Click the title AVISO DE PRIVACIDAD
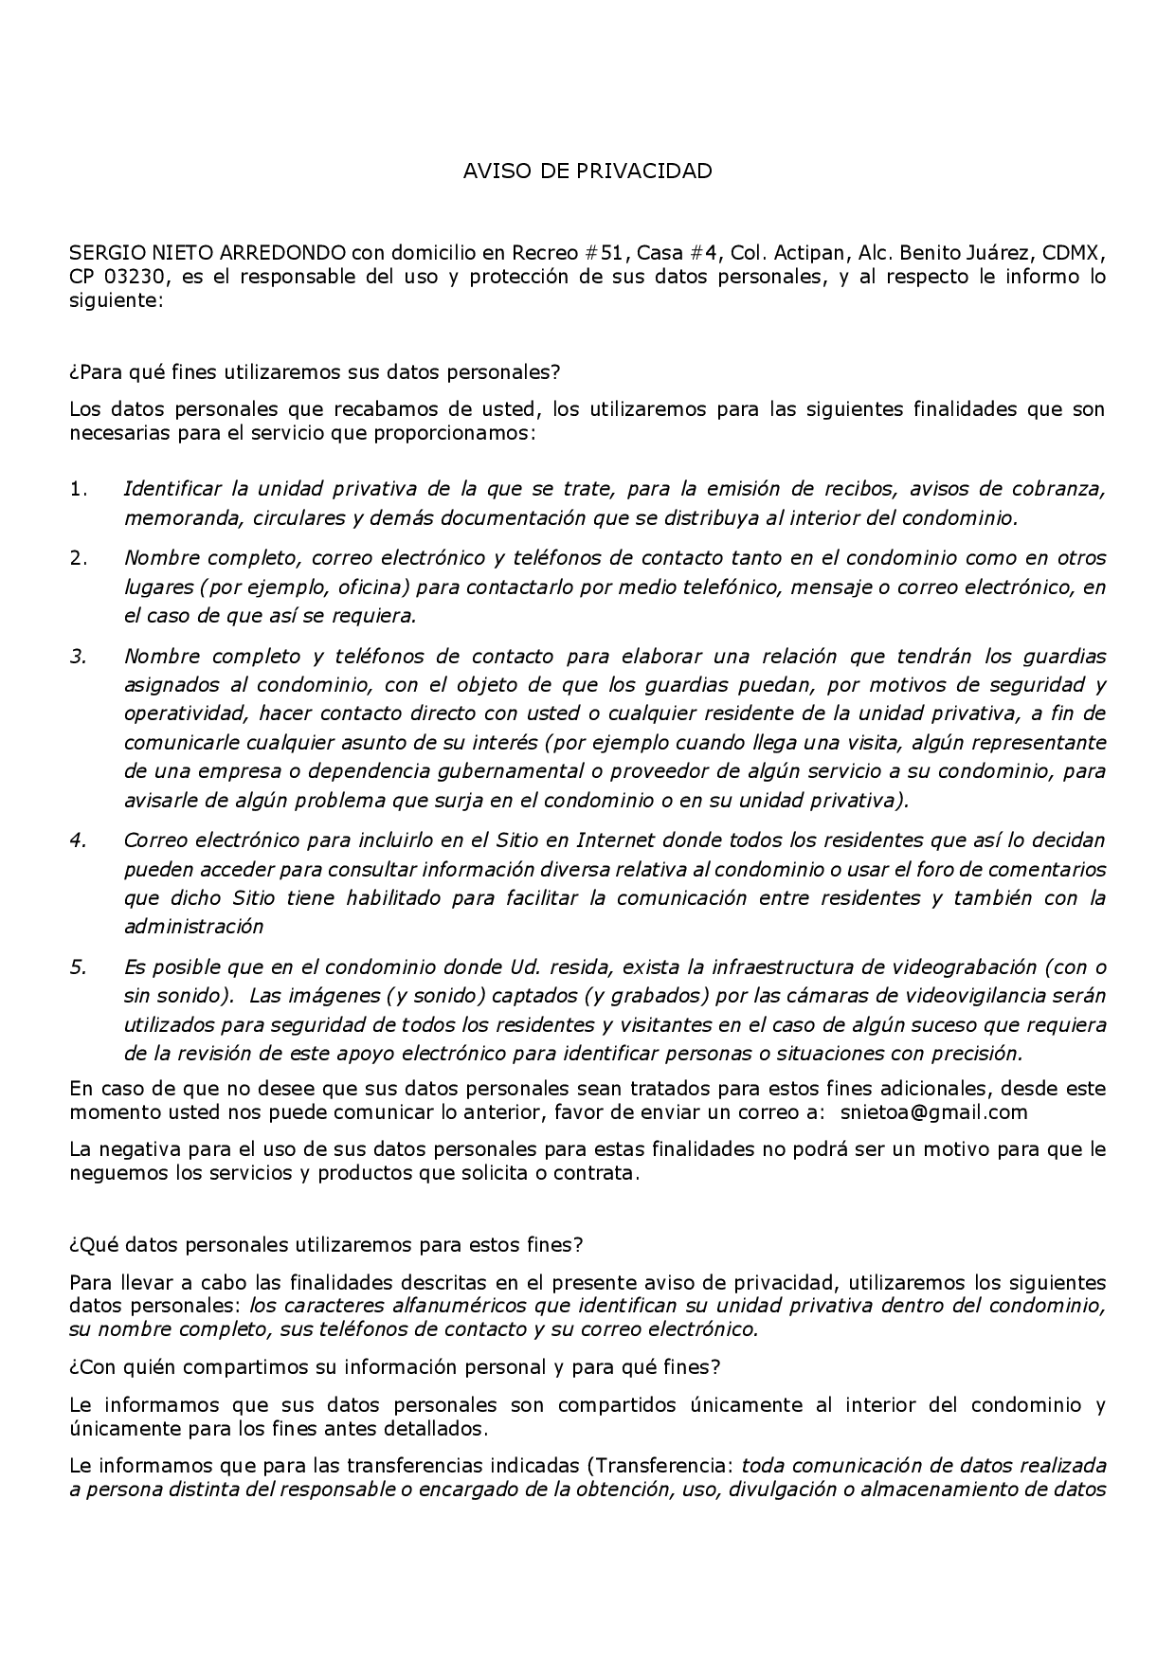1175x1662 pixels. (x=587, y=172)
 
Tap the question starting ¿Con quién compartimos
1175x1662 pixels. (x=394, y=1367)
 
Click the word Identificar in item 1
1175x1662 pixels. (x=172, y=490)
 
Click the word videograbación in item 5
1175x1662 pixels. (x=957, y=967)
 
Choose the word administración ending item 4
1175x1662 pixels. (x=193, y=927)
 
